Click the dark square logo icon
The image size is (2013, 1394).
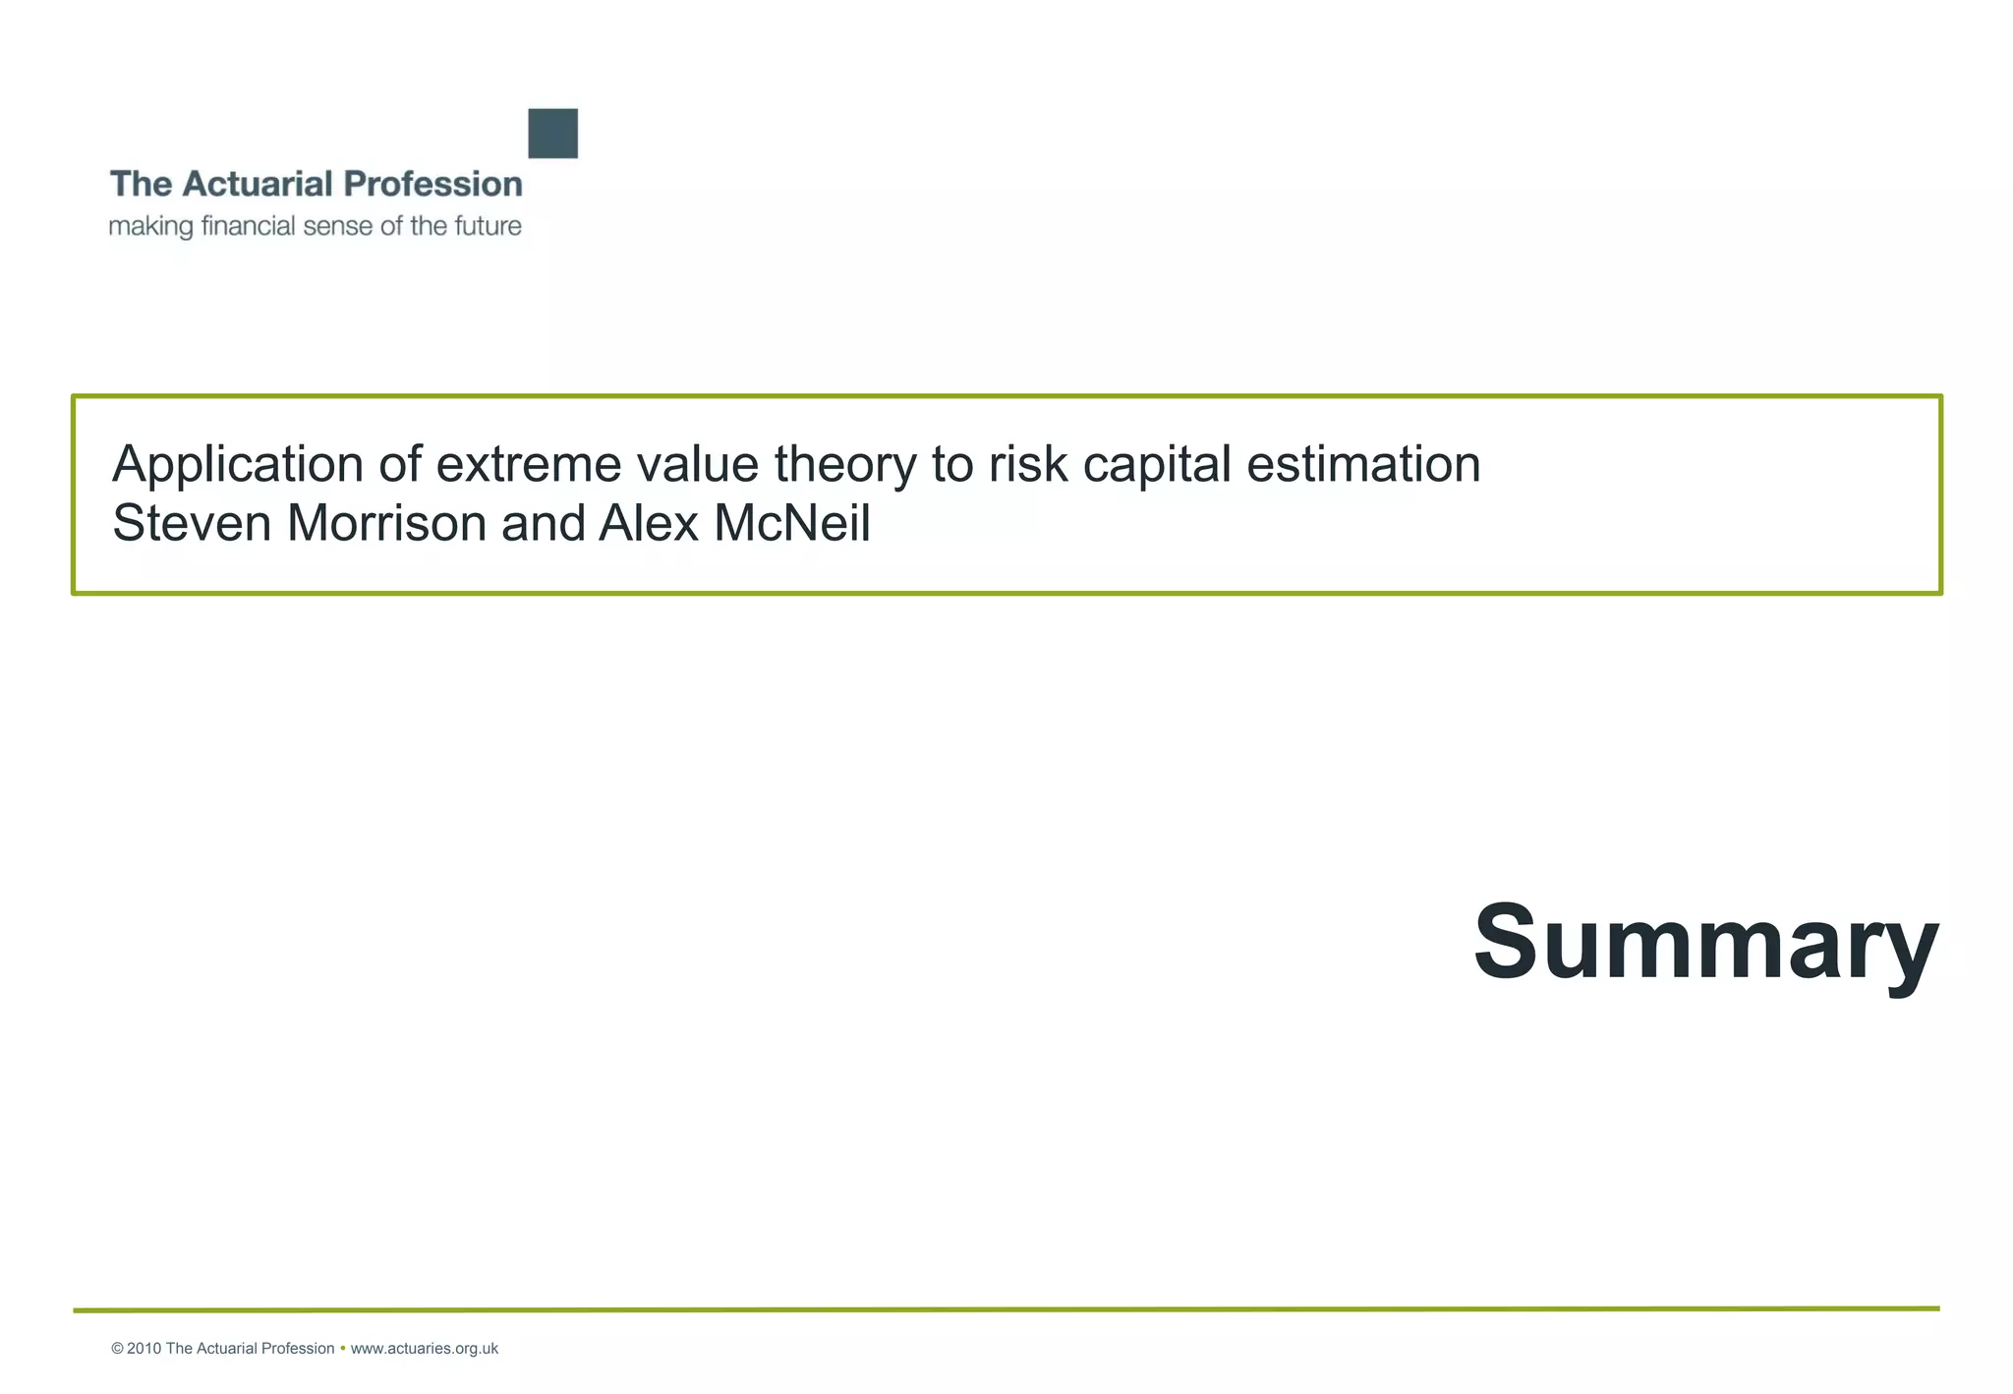[552, 134]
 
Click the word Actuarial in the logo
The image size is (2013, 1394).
[259, 184]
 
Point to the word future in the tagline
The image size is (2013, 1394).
[488, 226]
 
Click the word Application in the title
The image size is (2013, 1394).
[238, 464]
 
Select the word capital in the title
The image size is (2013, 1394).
[1156, 464]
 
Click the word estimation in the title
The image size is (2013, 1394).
[1363, 464]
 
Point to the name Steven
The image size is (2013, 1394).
[192, 523]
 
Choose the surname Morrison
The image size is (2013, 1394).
[387, 523]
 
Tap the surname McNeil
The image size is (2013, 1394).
[792, 523]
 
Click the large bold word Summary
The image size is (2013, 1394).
[1705, 941]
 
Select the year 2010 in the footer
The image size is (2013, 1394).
[144, 1349]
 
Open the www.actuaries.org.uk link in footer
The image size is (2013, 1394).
[424, 1349]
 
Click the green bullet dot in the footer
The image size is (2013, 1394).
[342, 1349]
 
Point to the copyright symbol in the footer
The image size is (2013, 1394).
[117, 1349]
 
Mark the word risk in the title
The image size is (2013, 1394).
[1027, 464]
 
